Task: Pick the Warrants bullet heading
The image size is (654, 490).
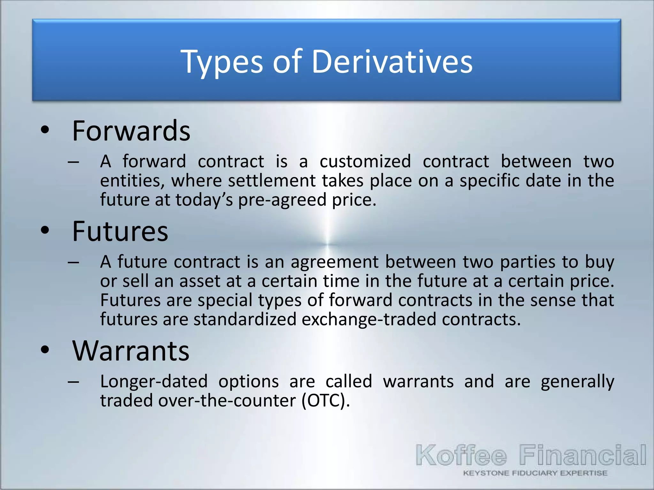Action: tap(131, 351)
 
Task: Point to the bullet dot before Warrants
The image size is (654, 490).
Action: tap(45, 350)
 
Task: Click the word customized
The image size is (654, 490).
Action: tap(365, 161)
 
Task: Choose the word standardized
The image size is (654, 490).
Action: tap(245, 320)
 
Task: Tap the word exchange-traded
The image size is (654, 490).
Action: tap(369, 320)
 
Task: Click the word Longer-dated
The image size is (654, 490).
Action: tap(154, 382)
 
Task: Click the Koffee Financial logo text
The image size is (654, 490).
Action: tap(531, 456)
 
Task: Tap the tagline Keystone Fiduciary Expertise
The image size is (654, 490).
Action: tap(535, 473)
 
